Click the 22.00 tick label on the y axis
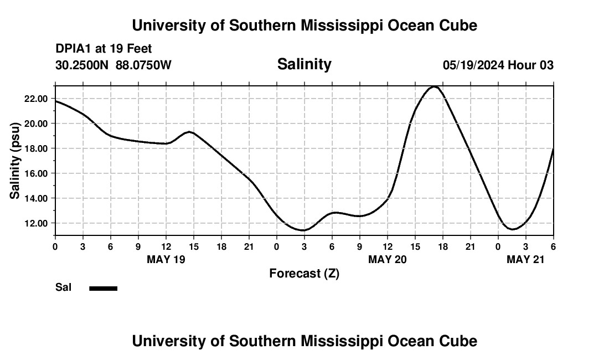click(x=34, y=99)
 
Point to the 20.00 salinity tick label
click(x=34, y=124)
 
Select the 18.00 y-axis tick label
click(x=34, y=148)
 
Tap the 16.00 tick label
click(x=34, y=173)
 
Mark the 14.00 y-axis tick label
click(x=34, y=198)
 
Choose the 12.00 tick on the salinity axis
click(x=34, y=223)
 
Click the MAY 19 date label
click(x=166, y=259)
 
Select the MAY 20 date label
click(x=388, y=259)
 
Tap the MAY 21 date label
click(x=526, y=259)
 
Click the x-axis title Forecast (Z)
click(x=304, y=274)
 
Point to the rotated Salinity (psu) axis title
click(x=16, y=161)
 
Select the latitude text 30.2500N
click(x=82, y=65)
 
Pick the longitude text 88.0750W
click(x=143, y=65)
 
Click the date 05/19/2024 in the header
click(x=473, y=65)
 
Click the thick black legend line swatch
click(x=104, y=288)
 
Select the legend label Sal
click(x=63, y=287)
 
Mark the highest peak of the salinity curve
click(x=435, y=86)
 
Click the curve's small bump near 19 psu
click(x=189, y=132)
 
